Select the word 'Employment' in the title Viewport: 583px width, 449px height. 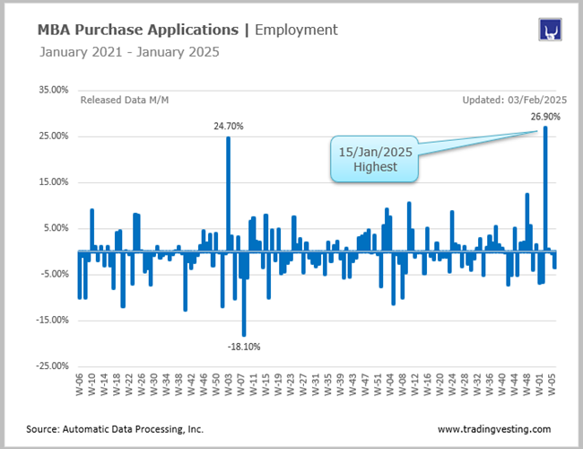click(x=296, y=30)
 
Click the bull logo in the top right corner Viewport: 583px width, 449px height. click(x=550, y=30)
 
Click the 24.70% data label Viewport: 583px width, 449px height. click(x=228, y=127)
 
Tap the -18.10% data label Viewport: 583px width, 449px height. click(x=243, y=346)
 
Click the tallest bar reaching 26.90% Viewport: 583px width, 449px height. click(x=544, y=189)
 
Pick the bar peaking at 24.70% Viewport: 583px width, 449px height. click(x=228, y=193)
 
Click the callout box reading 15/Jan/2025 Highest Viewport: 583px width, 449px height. click(x=376, y=159)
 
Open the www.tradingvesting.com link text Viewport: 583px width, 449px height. click(x=494, y=429)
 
